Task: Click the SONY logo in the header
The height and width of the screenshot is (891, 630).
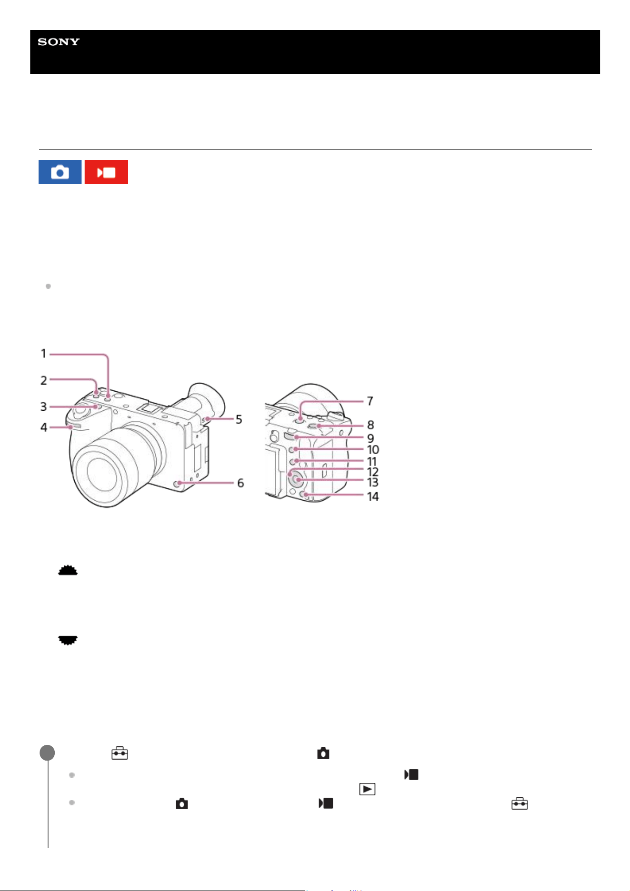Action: [59, 42]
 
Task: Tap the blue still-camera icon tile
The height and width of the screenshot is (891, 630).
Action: [60, 172]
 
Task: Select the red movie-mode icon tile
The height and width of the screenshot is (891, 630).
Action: [106, 172]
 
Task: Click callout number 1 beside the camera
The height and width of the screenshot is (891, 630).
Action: [43, 354]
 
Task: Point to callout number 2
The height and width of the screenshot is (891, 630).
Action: [43, 380]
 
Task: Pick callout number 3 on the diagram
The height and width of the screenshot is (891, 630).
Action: [43, 406]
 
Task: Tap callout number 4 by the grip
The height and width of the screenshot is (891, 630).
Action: [43, 427]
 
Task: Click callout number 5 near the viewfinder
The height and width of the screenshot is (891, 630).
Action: [239, 419]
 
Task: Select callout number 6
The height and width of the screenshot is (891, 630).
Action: [240, 483]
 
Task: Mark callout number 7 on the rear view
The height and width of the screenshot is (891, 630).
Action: [370, 401]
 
